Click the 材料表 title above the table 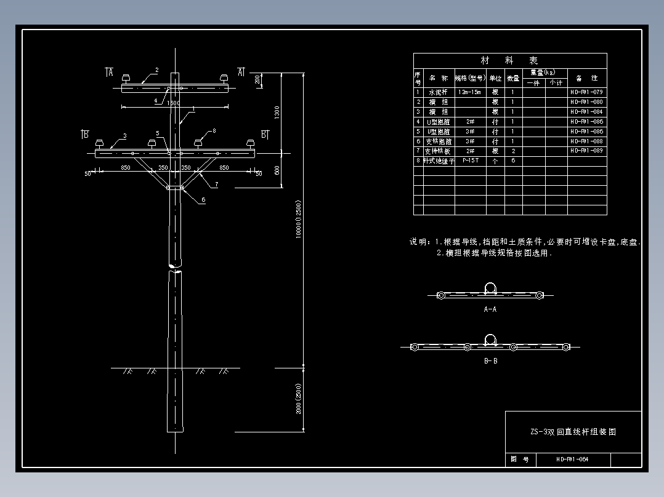tap(509, 60)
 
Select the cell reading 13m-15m tap(471, 92)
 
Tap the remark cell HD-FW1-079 tap(586, 92)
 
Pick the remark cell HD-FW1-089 tap(586, 151)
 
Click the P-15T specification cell tap(471, 161)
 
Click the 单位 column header tap(495, 78)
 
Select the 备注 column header tap(586, 78)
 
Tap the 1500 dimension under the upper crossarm tap(174, 103)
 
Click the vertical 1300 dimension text tap(277, 113)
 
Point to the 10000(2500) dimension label tap(299, 219)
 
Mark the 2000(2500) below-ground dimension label tap(299, 399)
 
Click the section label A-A tap(490, 309)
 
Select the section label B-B tap(490, 361)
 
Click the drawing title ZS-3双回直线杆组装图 tap(573, 432)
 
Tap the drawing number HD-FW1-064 tap(572, 459)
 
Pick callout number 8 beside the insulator tap(214, 130)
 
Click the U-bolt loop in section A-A tap(490, 288)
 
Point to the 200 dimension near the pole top tap(257, 79)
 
